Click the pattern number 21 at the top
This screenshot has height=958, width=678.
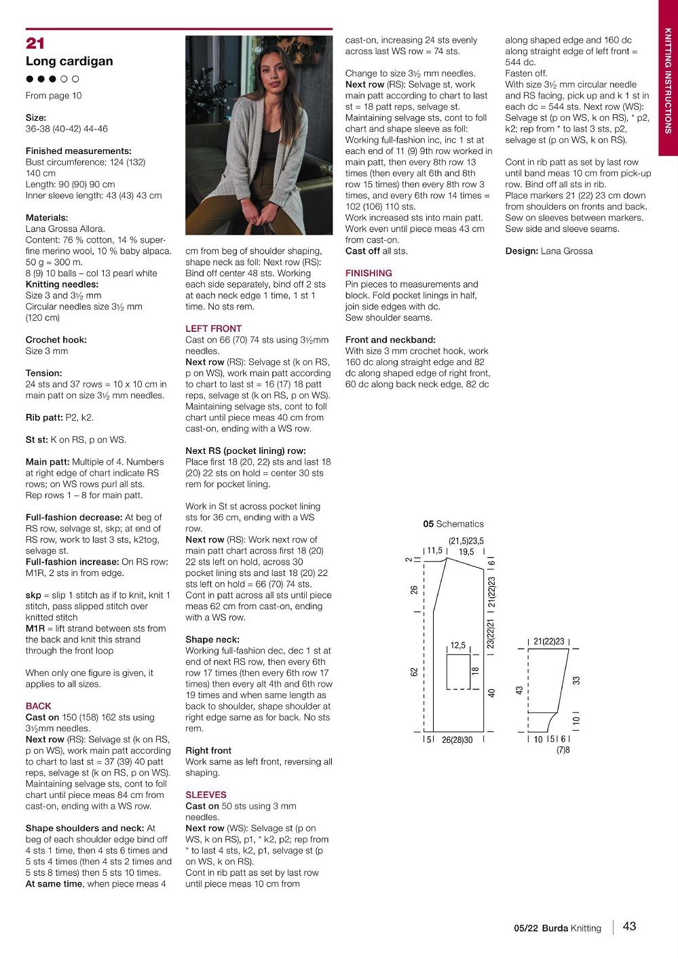pyautogui.click(x=35, y=43)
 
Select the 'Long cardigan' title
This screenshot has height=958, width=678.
pyautogui.click(x=69, y=61)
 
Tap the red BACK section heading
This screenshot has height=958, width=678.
pyautogui.click(x=38, y=706)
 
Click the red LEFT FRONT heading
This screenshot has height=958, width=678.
pyautogui.click(x=213, y=328)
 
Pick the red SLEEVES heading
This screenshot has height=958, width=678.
pyautogui.click(x=206, y=794)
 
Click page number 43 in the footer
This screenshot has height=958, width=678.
pyautogui.click(x=629, y=926)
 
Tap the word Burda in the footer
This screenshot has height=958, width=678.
pyautogui.click(x=554, y=927)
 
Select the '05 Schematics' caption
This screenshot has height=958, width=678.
pyautogui.click(x=453, y=524)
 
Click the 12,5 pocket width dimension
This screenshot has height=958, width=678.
pyautogui.click(x=458, y=645)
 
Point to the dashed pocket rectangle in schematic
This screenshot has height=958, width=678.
pyautogui.click(x=458, y=672)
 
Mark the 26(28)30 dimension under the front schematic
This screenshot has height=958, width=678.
pyautogui.click(x=457, y=740)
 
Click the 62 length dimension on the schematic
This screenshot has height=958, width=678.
pyautogui.click(x=414, y=672)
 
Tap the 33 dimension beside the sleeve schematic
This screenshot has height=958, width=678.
pyautogui.click(x=576, y=680)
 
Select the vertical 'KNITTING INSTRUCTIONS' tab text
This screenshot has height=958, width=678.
pyautogui.click(x=668, y=81)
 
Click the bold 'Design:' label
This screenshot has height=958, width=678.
pyautogui.click(x=521, y=251)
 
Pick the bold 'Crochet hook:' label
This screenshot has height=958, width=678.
pyautogui.click(x=56, y=340)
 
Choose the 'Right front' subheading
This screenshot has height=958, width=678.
pyautogui.click(x=208, y=750)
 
